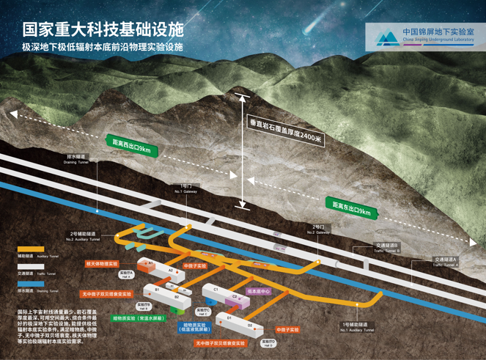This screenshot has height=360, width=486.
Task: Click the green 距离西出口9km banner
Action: point(132,146)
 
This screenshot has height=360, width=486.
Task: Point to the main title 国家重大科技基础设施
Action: point(102,29)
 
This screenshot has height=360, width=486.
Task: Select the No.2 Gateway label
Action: point(317,229)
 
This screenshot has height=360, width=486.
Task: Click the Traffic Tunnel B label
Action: point(386,248)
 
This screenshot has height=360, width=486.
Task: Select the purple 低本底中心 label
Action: point(259,291)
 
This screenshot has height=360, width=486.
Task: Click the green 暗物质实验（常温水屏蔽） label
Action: point(139,318)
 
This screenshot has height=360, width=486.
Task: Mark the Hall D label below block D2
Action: point(268,342)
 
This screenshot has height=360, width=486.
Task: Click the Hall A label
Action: point(126,275)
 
